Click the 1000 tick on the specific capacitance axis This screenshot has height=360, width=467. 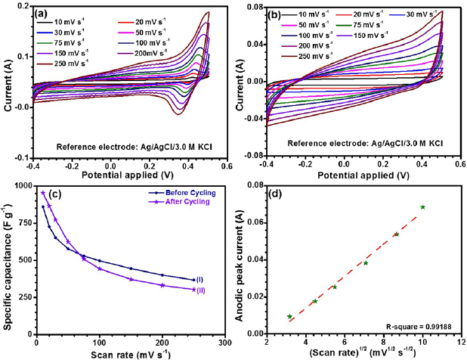(x=23, y=186)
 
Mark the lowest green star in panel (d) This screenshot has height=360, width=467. (x=289, y=316)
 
